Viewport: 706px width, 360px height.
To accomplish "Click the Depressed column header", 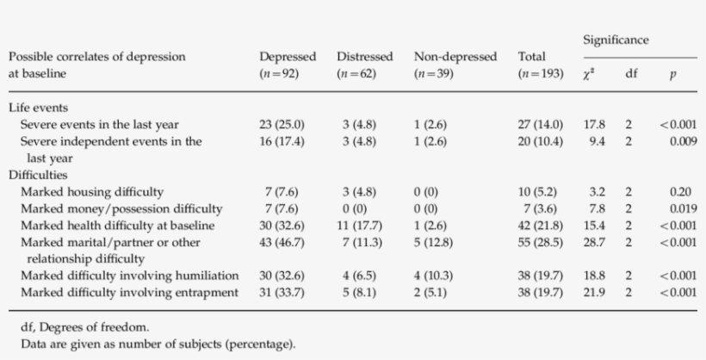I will (288, 57).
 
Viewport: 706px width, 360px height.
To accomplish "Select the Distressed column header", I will (364, 57).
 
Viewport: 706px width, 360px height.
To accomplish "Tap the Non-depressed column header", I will (455, 57).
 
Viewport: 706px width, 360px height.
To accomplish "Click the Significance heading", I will (616, 40).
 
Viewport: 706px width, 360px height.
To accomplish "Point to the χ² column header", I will (589, 74).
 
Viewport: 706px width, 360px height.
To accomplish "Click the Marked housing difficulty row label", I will (92, 191).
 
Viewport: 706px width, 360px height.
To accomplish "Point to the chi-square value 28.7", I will (594, 242).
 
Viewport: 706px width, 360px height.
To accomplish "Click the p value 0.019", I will (683, 208).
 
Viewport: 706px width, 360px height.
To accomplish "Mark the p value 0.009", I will (683, 141).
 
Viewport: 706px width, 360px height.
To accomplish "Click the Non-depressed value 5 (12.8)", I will (438, 242).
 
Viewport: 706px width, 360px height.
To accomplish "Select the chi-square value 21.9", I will (594, 292).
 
